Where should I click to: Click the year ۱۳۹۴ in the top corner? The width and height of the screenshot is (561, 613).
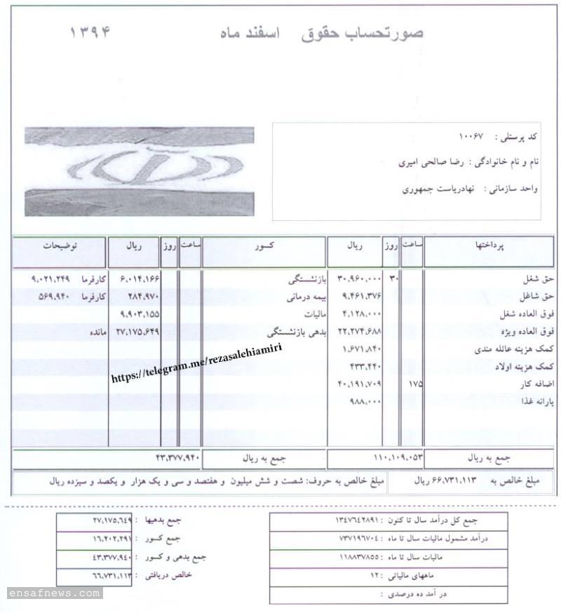pyautogui.click(x=90, y=32)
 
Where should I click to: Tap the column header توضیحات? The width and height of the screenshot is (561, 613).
pyautogui.click(x=60, y=248)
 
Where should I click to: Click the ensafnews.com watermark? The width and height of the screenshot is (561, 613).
pyautogui.click(x=55, y=593)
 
